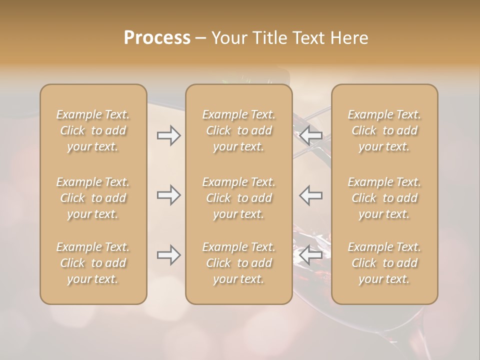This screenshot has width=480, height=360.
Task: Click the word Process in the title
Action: click(157, 38)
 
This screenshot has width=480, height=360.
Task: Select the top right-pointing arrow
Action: click(168, 135)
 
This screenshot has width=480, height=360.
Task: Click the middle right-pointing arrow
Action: click(168, 195)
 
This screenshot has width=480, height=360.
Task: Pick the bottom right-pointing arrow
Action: click(168, 255)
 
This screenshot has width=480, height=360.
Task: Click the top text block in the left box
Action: click(93, 130)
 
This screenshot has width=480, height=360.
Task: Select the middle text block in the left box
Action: click(93, 198)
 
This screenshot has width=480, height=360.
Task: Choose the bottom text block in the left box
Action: click(93, 263)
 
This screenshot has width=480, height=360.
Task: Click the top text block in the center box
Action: click(239, 130)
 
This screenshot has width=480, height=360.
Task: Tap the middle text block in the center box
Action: click(239, 198)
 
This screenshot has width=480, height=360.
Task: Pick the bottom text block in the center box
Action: click(239, 263)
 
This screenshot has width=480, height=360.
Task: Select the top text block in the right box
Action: click(384, 130)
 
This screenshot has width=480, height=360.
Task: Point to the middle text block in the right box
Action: click(384, 198)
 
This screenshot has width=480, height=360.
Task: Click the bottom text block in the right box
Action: click(384, 263)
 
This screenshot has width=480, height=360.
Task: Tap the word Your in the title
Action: click(228, 38)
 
